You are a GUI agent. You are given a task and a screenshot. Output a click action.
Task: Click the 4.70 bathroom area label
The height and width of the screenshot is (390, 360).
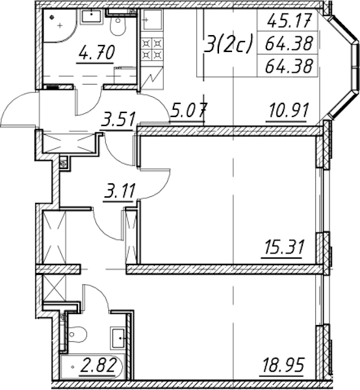(x=96, y=52)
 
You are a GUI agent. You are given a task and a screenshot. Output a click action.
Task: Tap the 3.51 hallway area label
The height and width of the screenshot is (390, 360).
(x=118, y=119)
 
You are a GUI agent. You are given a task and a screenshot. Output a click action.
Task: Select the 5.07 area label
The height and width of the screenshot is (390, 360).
(x=188, y=110)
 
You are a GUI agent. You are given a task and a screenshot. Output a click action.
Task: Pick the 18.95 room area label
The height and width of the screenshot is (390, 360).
(x=283, y=365)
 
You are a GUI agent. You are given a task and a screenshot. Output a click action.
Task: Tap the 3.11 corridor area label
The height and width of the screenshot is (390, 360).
(x=120, y=190)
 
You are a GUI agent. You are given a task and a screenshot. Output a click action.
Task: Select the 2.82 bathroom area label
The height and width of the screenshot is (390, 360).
(x=98, y=365)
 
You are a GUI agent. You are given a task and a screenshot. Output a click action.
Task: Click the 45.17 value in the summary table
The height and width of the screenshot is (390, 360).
(x=289, y=20)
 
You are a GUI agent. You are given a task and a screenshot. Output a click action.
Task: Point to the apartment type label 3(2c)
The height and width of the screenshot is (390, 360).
(x=228, y=44)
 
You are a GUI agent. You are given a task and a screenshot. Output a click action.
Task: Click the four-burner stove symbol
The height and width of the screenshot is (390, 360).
(x=152, y=49)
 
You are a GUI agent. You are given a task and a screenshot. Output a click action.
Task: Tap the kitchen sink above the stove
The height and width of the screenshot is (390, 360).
(x=151, y=20)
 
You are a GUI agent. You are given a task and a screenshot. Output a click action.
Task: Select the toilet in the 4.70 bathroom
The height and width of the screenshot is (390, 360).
(x=118, y=25)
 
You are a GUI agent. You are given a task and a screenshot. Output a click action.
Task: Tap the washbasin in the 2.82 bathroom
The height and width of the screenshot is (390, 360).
(x=118, y=338)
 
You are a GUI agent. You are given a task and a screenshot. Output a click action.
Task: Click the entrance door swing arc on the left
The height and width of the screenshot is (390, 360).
(x=20, y=109)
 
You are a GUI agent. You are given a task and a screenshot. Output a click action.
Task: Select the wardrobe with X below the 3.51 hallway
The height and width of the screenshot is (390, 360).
(x=69, y=144)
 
